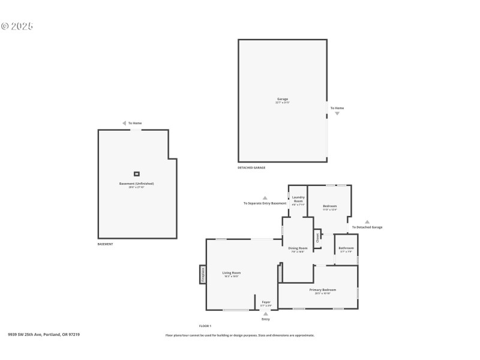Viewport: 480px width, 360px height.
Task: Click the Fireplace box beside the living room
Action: [x=203, y=275]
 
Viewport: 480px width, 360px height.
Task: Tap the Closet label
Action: [x=318, y=237]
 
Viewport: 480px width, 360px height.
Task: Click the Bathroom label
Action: [x=346, y=248]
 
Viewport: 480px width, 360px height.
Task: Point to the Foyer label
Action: [x=266, y=302]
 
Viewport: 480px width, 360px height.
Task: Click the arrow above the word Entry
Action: [x=266, y=313]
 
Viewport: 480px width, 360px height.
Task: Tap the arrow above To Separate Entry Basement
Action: [x=265, y=197]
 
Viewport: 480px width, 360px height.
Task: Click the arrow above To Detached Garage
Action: [x=367, y=221]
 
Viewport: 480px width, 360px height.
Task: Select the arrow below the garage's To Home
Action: [x=337, y=113]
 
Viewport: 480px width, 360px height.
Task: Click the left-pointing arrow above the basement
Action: [x=124, y=123]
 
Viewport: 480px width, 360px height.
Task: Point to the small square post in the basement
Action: [x=137, y=174]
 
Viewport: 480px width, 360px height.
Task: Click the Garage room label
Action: [x=282, y=99]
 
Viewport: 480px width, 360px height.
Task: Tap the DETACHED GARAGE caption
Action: [x=251, y=167]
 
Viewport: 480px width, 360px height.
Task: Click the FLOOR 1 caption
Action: [x=205, y=326]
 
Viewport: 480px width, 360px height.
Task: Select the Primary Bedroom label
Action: [x=323, y=290]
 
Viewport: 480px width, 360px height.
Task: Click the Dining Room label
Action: [x=298, y=248]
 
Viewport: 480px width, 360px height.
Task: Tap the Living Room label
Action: [x=231, y=272]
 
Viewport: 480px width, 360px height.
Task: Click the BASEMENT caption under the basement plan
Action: [x=105, y=244]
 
